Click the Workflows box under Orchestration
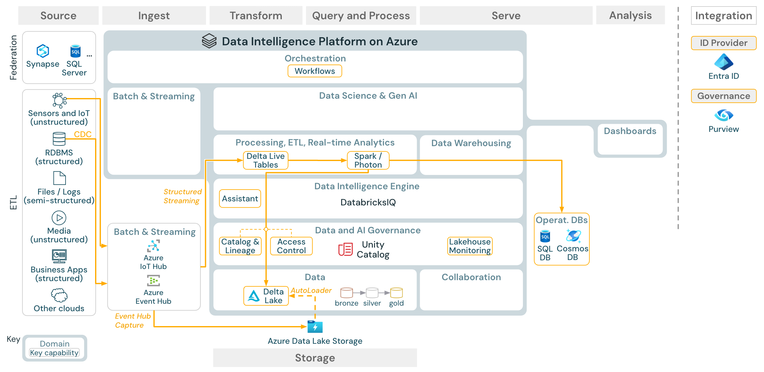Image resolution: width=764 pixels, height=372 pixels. [314, 71]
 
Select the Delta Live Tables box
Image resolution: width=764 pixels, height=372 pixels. [265, 160]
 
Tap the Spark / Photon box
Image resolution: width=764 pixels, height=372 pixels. [368, 160]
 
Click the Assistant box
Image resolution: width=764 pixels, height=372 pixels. [240, 199]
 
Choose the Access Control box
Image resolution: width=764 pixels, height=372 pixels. [291, 246]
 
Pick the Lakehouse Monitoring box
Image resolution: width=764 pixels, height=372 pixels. [470, 246]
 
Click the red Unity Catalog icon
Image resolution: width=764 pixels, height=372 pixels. [345, 249]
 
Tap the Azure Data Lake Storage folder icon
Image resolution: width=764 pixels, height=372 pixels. [315, 327]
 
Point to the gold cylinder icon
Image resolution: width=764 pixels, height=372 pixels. [396, 293]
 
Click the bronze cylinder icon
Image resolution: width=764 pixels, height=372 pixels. [346, 293]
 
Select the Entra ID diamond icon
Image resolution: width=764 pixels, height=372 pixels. [723, 62]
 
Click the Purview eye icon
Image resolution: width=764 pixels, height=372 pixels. [723, 115]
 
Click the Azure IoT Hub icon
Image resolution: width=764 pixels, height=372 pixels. [153, 246]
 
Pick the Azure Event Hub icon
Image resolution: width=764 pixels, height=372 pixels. [153, 281]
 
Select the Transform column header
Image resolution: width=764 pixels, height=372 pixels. [256, 16]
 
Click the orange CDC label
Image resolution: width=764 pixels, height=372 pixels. [83, 134]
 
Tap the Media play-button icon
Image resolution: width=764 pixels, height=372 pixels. [59, 218]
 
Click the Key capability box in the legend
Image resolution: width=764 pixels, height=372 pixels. [54, 353]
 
